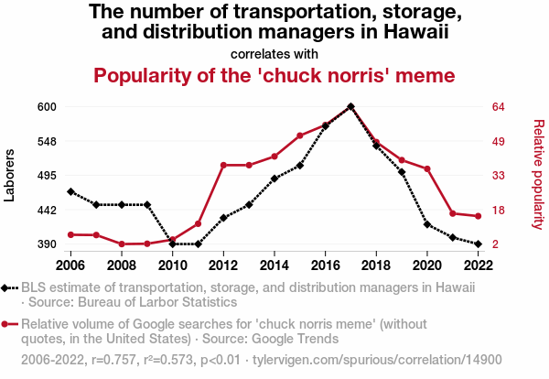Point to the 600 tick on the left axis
coord(47,106)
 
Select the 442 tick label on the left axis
coord(47,210)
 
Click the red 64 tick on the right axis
coord(499,106)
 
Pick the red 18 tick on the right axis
coord(499,210)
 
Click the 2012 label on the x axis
coord(223,265)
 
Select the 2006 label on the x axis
coord(70,265)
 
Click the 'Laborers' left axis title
coord(10,174)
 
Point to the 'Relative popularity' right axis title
coord(538,174)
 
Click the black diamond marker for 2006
coord(70,191)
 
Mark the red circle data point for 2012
coord(223,165)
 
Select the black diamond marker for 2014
coord(274,179)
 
